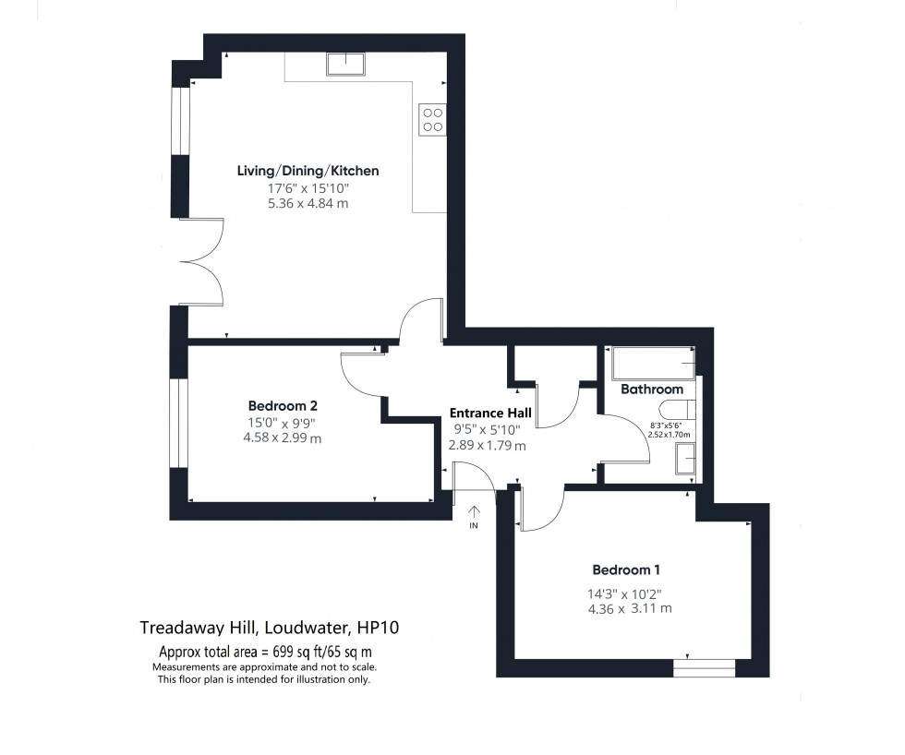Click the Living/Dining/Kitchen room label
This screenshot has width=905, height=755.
click(308, 171)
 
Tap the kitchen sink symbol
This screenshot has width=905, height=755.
click(345, 64)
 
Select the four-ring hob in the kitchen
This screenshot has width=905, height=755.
click(432, 118)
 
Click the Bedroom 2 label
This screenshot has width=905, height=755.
click(284, 406)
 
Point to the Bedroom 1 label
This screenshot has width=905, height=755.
click(626, 569)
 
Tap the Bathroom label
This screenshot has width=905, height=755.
click(652, 389)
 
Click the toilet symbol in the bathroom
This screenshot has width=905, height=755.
click(678, 413)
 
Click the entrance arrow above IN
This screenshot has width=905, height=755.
click(475, 510)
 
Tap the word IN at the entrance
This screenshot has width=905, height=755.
click(475, 526)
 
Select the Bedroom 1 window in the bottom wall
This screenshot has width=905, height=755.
click(704, 667)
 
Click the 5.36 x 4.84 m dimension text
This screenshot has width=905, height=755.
click(308, 203)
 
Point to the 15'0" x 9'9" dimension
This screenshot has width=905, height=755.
click(284, 423)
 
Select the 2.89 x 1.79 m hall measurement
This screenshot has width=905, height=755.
click(487, 445)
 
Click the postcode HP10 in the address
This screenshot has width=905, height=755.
click(380, 628)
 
